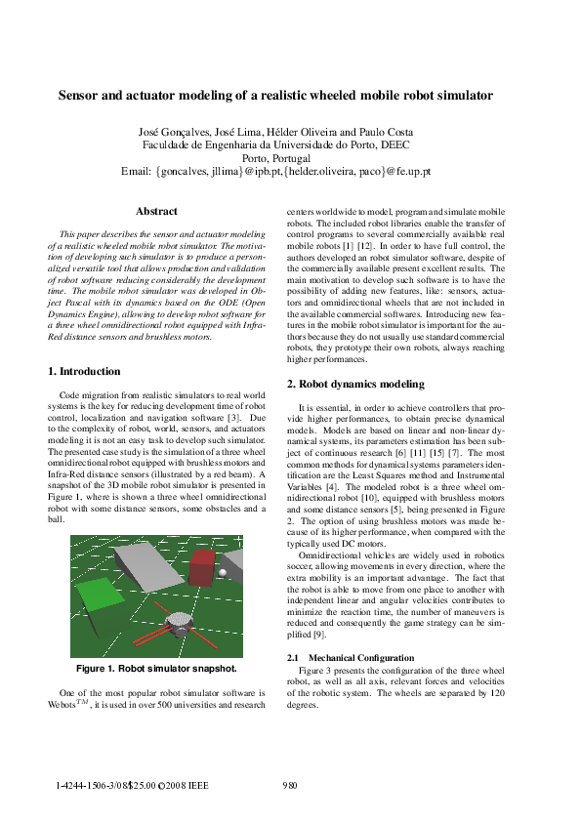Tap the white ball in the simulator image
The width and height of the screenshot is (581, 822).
coord(224,573)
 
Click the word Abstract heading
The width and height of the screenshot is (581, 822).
coord(156,211)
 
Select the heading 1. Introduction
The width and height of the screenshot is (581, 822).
coord(85,372)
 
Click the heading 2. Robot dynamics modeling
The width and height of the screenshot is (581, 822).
coord(355,385)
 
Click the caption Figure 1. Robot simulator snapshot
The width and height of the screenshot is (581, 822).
coord(156,669)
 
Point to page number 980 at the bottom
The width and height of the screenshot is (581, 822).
coord(290,785)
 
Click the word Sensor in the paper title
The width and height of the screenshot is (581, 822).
coord(79,96)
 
